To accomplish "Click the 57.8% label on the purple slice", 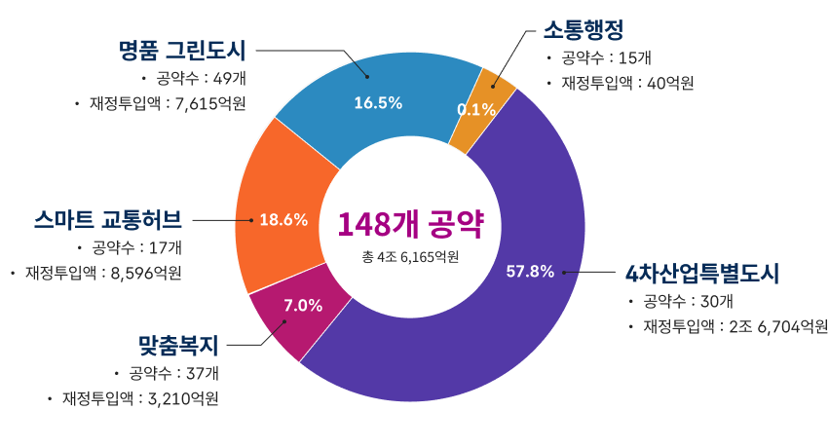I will (x=530, y=271).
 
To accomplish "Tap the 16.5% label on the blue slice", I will (x=378, y=103).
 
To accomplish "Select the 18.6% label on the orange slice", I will (x=283, y=220).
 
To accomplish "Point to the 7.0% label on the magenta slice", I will (x=302, y=305).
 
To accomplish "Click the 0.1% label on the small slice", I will (x=476, y=110).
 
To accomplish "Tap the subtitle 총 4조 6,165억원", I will (x=410, y=257).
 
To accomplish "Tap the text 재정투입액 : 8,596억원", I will (x=102, y=273).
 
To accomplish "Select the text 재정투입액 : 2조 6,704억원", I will (x=735, y=326).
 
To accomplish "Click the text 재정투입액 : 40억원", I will (x=627, y=83).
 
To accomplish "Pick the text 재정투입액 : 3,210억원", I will (x=140, y=398).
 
